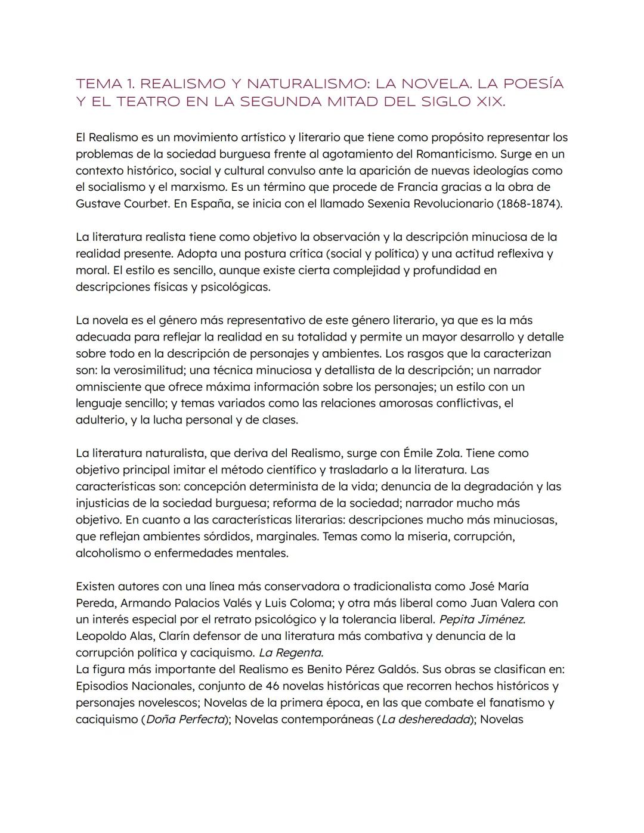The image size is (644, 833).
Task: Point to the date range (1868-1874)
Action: point(530,203)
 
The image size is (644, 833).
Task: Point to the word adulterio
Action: point(100,420)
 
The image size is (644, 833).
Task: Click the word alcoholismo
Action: point(112,553)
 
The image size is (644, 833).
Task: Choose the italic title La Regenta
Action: point(291,652)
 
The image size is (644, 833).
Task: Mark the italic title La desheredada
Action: point(426,719)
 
